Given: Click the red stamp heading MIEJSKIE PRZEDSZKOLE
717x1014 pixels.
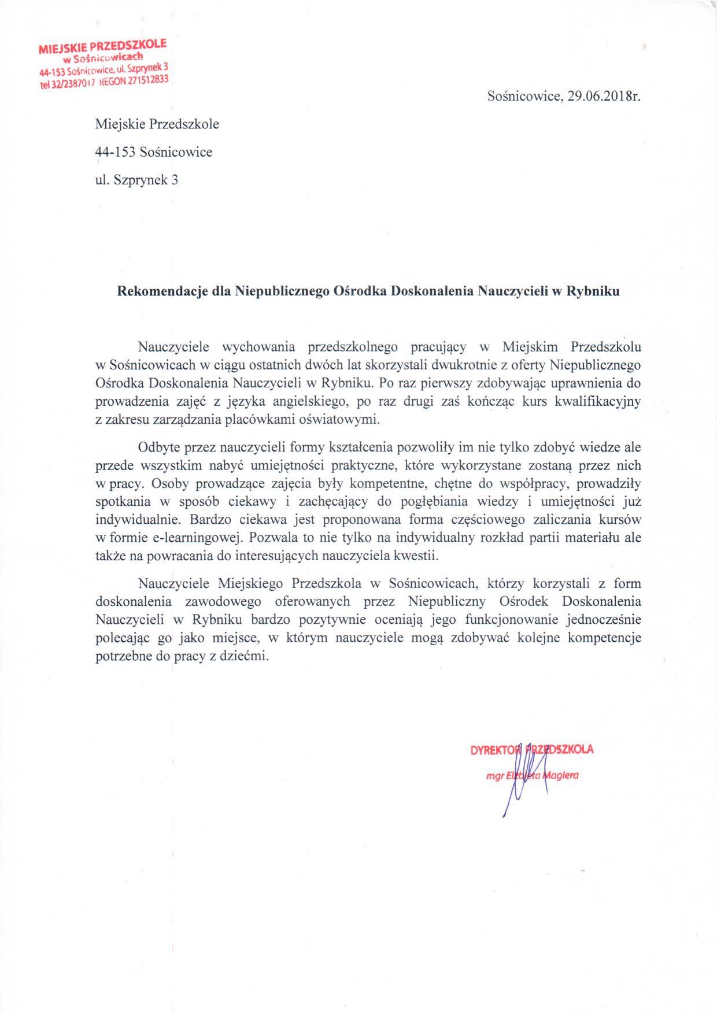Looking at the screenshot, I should coord(102,47).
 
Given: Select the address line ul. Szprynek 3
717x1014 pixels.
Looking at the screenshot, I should coord(136,180).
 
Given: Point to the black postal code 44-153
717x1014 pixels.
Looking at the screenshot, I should coord(114,152).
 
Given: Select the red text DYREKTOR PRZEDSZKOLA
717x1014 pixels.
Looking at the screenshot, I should coord(532,750).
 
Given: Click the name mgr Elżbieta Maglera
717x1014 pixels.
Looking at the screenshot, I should coord(533,776).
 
